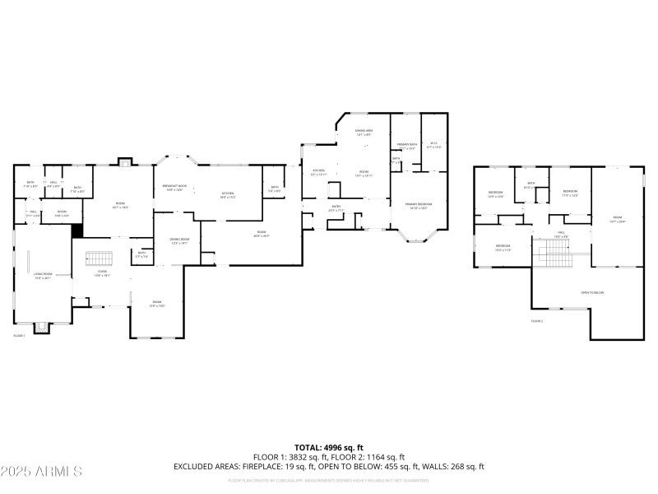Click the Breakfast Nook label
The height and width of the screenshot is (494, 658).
coord(174,188)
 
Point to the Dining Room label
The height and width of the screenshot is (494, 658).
coord(180,242)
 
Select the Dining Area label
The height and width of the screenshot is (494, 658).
coord(364,132)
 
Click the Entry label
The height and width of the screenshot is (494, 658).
coord(336,208)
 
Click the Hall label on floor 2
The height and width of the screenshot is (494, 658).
coord(561,235)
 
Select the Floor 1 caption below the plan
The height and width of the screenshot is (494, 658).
coord(19,336)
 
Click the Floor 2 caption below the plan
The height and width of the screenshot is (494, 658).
coord(537,320)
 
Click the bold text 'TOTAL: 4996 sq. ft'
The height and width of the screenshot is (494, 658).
coord(329,447)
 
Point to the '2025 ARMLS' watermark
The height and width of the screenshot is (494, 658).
coord(41,472)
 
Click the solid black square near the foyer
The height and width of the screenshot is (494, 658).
coord(78,231)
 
